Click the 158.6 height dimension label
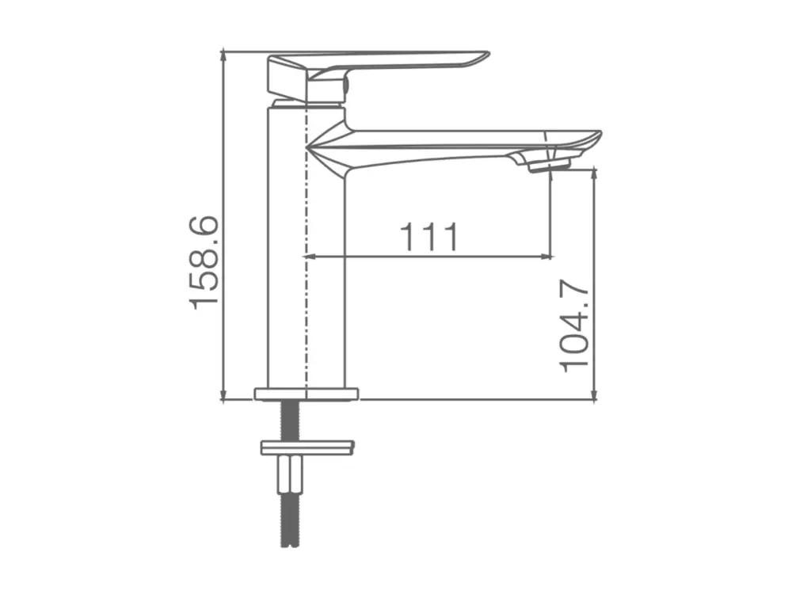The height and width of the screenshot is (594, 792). [204, 262]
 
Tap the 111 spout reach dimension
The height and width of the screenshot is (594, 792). [429, 236]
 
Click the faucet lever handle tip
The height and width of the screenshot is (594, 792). [486, 54]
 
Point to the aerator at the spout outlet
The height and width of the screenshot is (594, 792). [549, 166]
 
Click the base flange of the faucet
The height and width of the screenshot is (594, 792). [307, 394]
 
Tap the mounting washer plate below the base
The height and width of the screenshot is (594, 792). [307, 447]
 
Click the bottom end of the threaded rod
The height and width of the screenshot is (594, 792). [289, 546]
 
